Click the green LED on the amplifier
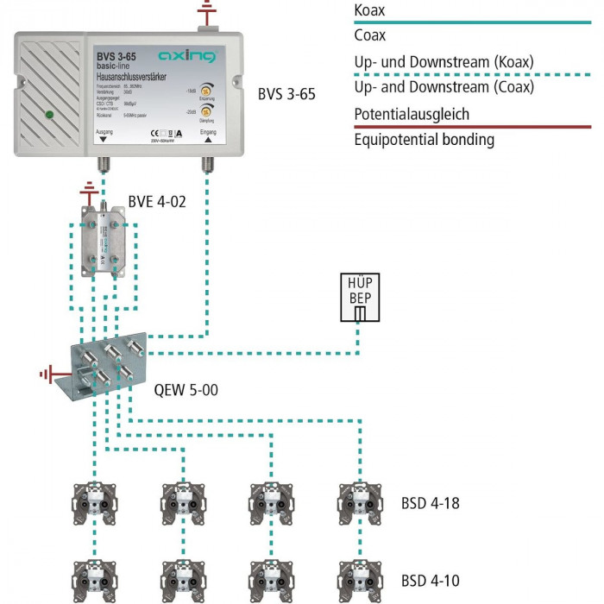(x=50, y=114)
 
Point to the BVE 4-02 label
(x=156, y=202)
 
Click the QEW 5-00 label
(x=186, y=390)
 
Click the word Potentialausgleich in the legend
(x=412, y=114)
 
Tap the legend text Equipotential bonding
(x=424, y=139)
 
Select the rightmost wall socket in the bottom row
(x=360, y=577)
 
